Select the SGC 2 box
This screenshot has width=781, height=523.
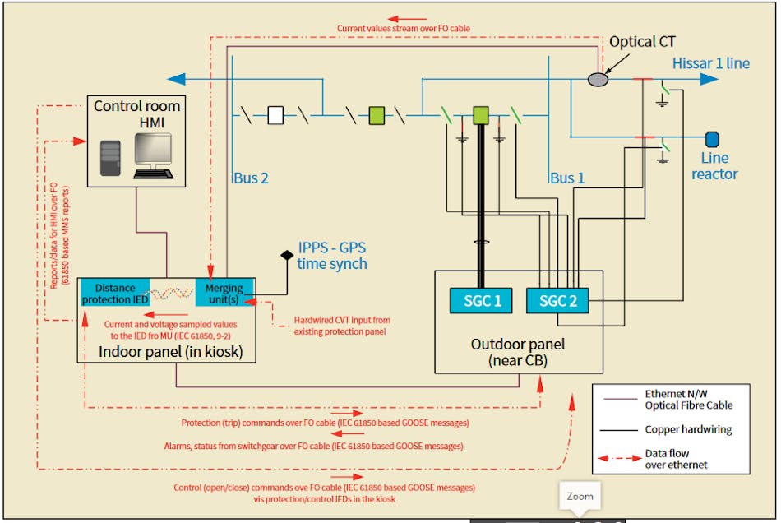[x=557, y=301]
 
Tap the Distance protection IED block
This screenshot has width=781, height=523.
[x=115, y=294]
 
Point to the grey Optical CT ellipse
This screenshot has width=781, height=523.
[x=598, y=80]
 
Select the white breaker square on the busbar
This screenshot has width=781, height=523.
[x=276, y=115]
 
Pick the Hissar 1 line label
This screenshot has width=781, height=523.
[x=711, y=63]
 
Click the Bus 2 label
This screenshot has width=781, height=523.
[x=250, y=178]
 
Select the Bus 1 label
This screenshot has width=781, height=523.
[x=568, y=178]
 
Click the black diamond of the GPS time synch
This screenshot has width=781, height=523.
[x=288, y=254]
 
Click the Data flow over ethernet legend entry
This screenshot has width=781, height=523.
[x=676, y=459]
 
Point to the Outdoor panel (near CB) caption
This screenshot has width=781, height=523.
[x=518, y=351]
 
